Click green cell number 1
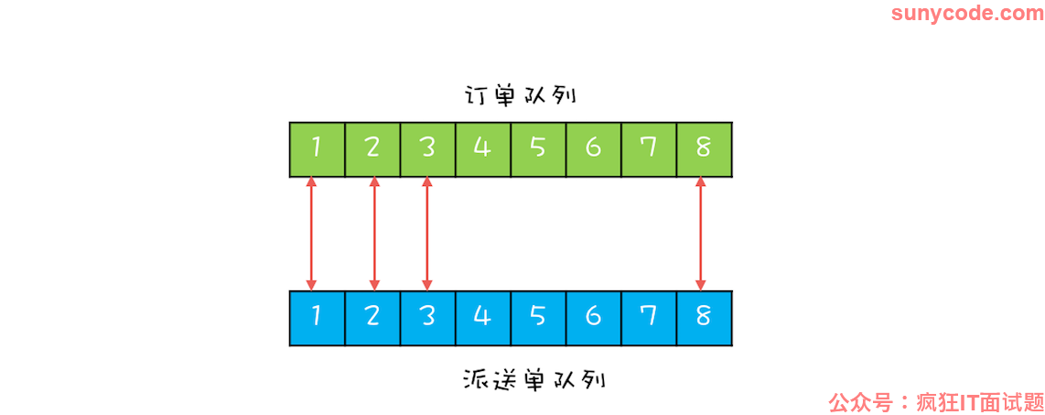click(318, 149)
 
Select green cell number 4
click(483, 149)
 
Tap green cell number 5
click(538, 149)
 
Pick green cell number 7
click(649, 149)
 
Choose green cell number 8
click(705, 149)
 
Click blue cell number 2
click(372, 318)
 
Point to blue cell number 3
click(428, 318)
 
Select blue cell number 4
click(483, 318)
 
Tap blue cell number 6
click(593, 318)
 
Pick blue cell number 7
click(649, 318)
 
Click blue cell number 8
click(705, 318)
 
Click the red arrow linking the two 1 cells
click(311, 235)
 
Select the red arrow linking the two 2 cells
click(374, 235)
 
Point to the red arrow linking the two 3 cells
click(427, 235)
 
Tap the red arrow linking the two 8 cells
click(700, 235)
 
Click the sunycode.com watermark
click(966, 14)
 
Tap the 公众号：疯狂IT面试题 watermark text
click(936, 402)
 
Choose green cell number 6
click(593, 149)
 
